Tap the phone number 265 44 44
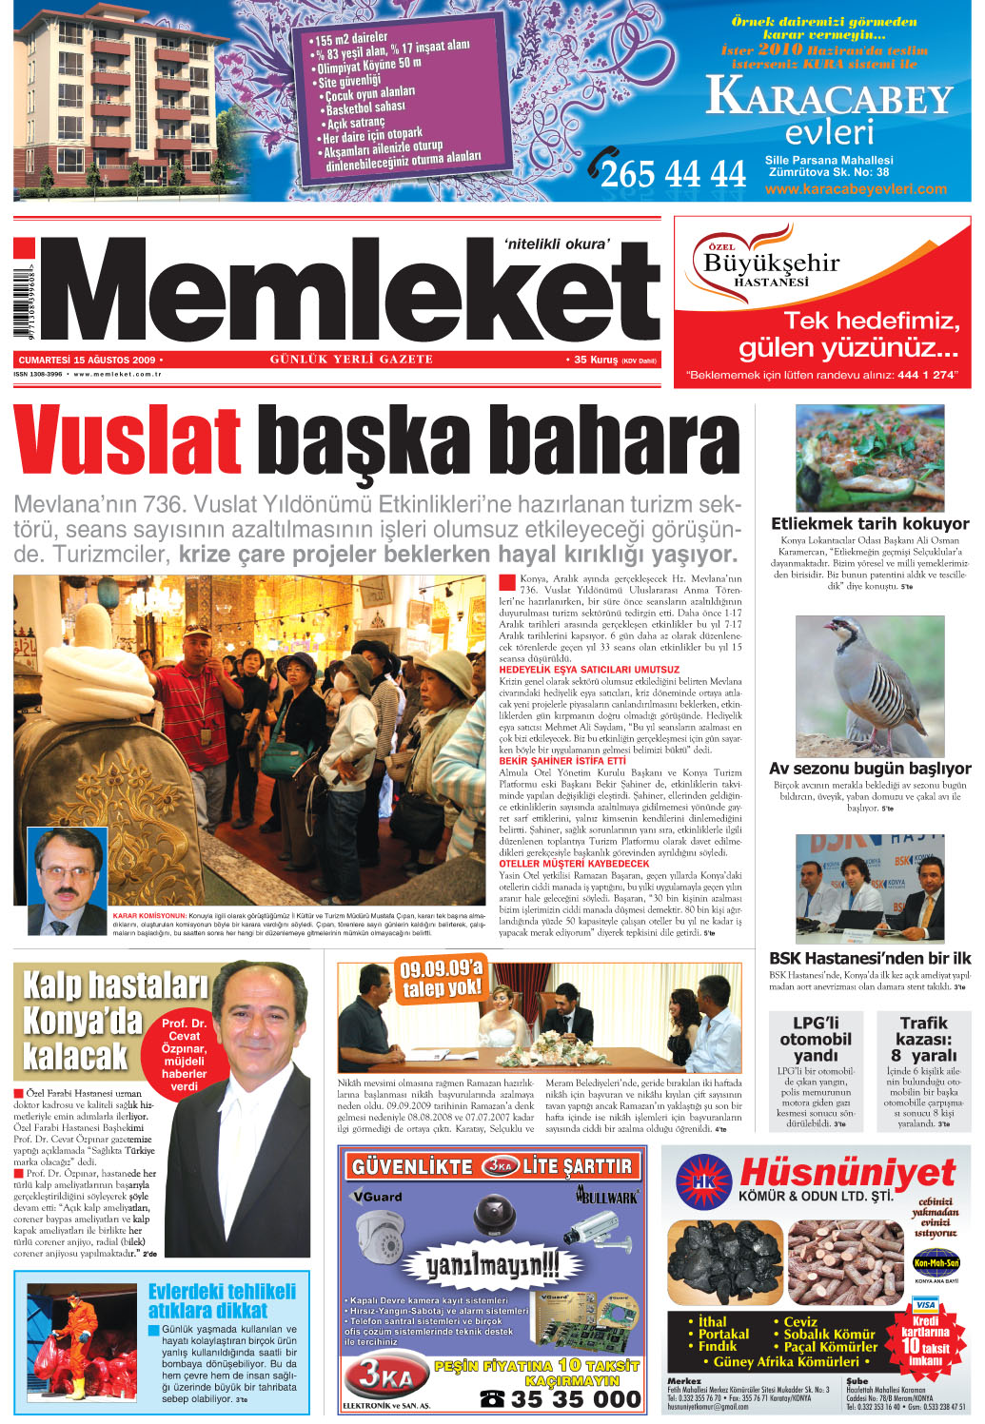pyautogui.click(x=673, y=173)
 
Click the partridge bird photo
pyautogui.click(x=869, y=685)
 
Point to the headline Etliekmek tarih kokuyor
pyautogui.click(x=870, y=523)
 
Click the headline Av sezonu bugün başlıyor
pyautogui.click(x=870, y=768)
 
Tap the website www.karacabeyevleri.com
pyautogui.click(x=856, y=188)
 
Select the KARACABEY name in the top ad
pyautogui.click(x=829, y=98)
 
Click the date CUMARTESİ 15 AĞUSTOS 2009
pyautogui.click(x=87, y=361)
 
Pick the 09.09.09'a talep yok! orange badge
pyautogui.click(x=441, y=979)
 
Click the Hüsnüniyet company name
pyautogui.click(x=847, y=1172)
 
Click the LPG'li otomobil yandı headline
pyautogui.click(x=816, y=1039)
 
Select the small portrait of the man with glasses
pyautogui.click(x=67, y=880)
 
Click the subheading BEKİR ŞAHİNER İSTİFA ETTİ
pyautogui.click(x=562, y=761)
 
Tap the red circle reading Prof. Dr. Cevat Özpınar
pyautogui.click(x=184, y=1054)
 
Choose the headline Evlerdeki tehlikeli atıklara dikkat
pyautogui.click(x=222, y=1300)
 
